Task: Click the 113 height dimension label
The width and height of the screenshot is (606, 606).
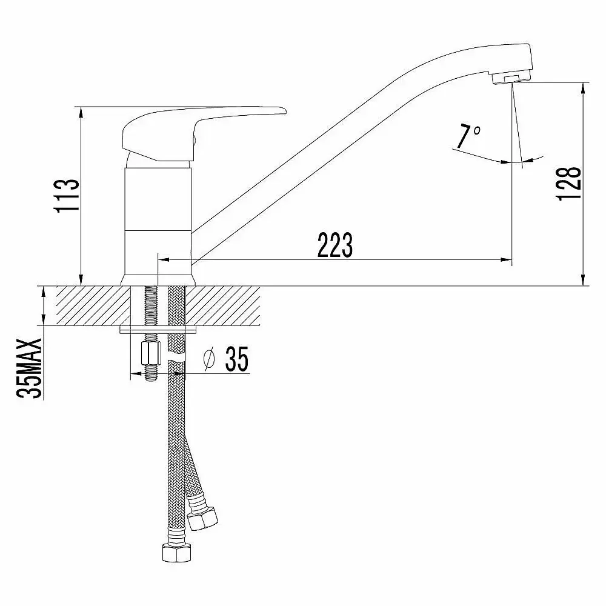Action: tap(67, 195)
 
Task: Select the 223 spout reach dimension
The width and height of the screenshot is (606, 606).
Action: tap(335, 245)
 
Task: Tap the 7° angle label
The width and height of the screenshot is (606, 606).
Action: tap(468, 136)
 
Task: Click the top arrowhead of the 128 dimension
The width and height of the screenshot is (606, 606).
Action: tap(582, 87)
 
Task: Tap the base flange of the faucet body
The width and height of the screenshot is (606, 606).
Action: tap(159, 281)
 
